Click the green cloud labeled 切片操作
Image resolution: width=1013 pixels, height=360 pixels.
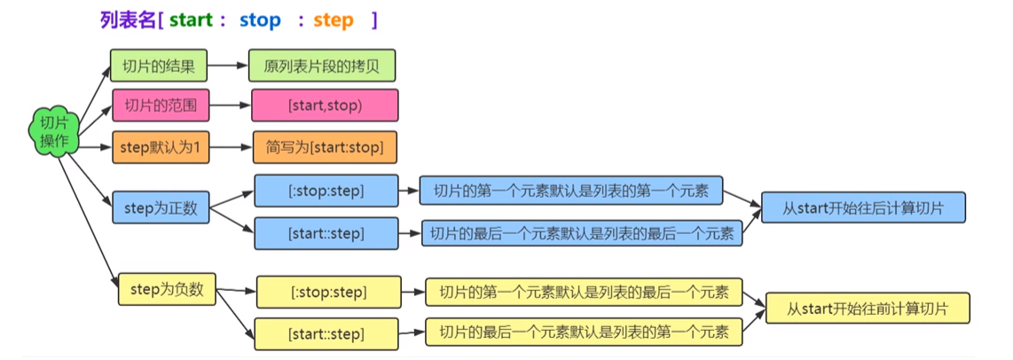pos(54,132)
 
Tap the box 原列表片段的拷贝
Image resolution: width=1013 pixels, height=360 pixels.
pos(321,67)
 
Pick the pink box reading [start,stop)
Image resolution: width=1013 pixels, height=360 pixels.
pos(325,106)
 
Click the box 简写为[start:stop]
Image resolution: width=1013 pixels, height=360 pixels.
pos(324,147)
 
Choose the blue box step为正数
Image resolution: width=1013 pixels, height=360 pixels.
pos(161,208)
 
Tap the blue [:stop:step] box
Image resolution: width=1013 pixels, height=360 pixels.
pos(326,190)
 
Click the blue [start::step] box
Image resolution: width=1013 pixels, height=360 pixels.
pos(326,233)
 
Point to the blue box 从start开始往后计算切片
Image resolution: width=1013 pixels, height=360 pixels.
pos(862,209)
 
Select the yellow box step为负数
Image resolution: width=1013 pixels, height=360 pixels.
pos(167,289)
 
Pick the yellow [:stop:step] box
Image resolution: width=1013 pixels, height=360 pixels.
pos(328,291)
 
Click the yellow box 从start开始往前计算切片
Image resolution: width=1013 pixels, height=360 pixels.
pos(868,309)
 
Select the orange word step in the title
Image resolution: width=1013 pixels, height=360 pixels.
pos(333,20)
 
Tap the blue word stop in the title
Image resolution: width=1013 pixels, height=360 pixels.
pos(260,20)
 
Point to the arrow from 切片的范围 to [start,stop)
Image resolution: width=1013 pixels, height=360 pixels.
pos(231,106)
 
